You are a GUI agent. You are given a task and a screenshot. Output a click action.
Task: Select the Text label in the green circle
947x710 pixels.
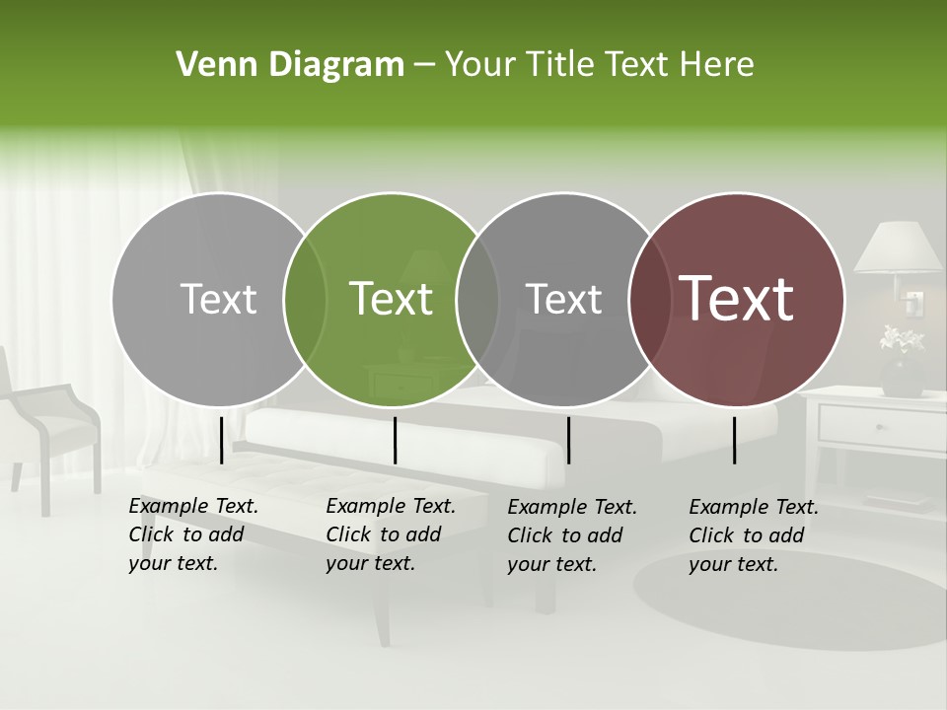(392, 299)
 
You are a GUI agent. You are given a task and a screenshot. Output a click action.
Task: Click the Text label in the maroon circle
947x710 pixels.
(737, 299)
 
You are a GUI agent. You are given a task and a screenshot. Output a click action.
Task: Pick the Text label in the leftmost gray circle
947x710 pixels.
(218, 299)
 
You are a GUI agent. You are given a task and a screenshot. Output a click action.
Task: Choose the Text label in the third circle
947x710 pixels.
(564, 299)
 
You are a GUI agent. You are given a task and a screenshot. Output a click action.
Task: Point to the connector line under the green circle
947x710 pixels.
(395, 440)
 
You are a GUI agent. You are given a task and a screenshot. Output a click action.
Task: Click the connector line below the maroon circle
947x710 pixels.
(735, 440)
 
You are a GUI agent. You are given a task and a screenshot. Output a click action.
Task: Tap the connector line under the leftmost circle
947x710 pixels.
(221, 440)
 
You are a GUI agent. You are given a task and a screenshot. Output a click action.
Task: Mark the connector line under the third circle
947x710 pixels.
(568, 440)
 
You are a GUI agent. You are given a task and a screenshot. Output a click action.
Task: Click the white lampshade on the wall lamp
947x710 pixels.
(898, 248)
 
